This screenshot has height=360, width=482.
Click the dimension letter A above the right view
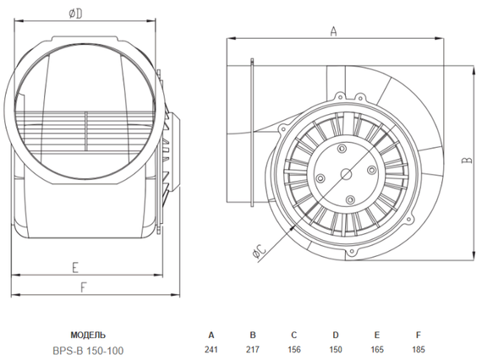click(x=333, y=31)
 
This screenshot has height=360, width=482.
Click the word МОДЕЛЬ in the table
click(x=89, y=335)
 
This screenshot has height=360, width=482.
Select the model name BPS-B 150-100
click(x=90, y=350)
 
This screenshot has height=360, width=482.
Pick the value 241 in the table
click(x=212, y=350)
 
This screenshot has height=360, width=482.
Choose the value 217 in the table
click(x=253, y=350)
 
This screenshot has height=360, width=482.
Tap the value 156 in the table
click(x=293, y=350)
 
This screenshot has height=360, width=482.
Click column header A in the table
click(x=212, y=335)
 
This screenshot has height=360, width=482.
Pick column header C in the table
click(x=293, y=335)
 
